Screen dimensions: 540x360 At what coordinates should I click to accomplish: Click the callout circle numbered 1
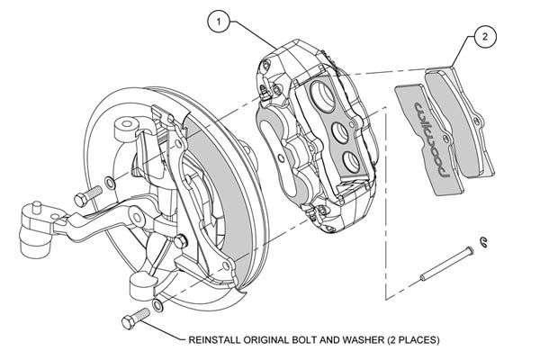219,22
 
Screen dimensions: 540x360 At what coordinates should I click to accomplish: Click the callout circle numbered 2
485,36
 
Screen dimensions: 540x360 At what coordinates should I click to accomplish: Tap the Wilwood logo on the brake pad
432,139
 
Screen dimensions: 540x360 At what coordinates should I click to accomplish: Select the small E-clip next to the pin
484,242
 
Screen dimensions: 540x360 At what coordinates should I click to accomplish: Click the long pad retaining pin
447,263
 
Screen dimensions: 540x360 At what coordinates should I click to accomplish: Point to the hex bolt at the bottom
136,319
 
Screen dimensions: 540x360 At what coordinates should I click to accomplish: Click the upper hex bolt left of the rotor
88,196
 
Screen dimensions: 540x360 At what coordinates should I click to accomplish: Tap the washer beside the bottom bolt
157,305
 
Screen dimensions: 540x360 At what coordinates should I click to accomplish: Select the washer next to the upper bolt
110,183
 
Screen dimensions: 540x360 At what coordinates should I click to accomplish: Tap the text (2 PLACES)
413,340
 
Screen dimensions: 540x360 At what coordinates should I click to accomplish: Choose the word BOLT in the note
304,340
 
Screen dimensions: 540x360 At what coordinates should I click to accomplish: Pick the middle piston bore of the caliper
339,133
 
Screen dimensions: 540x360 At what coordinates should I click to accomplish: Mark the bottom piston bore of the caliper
352,163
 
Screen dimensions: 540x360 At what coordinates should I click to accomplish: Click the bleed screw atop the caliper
265,94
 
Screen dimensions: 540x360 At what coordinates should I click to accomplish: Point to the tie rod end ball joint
35,229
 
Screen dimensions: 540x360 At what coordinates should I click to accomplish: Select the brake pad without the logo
459,122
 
